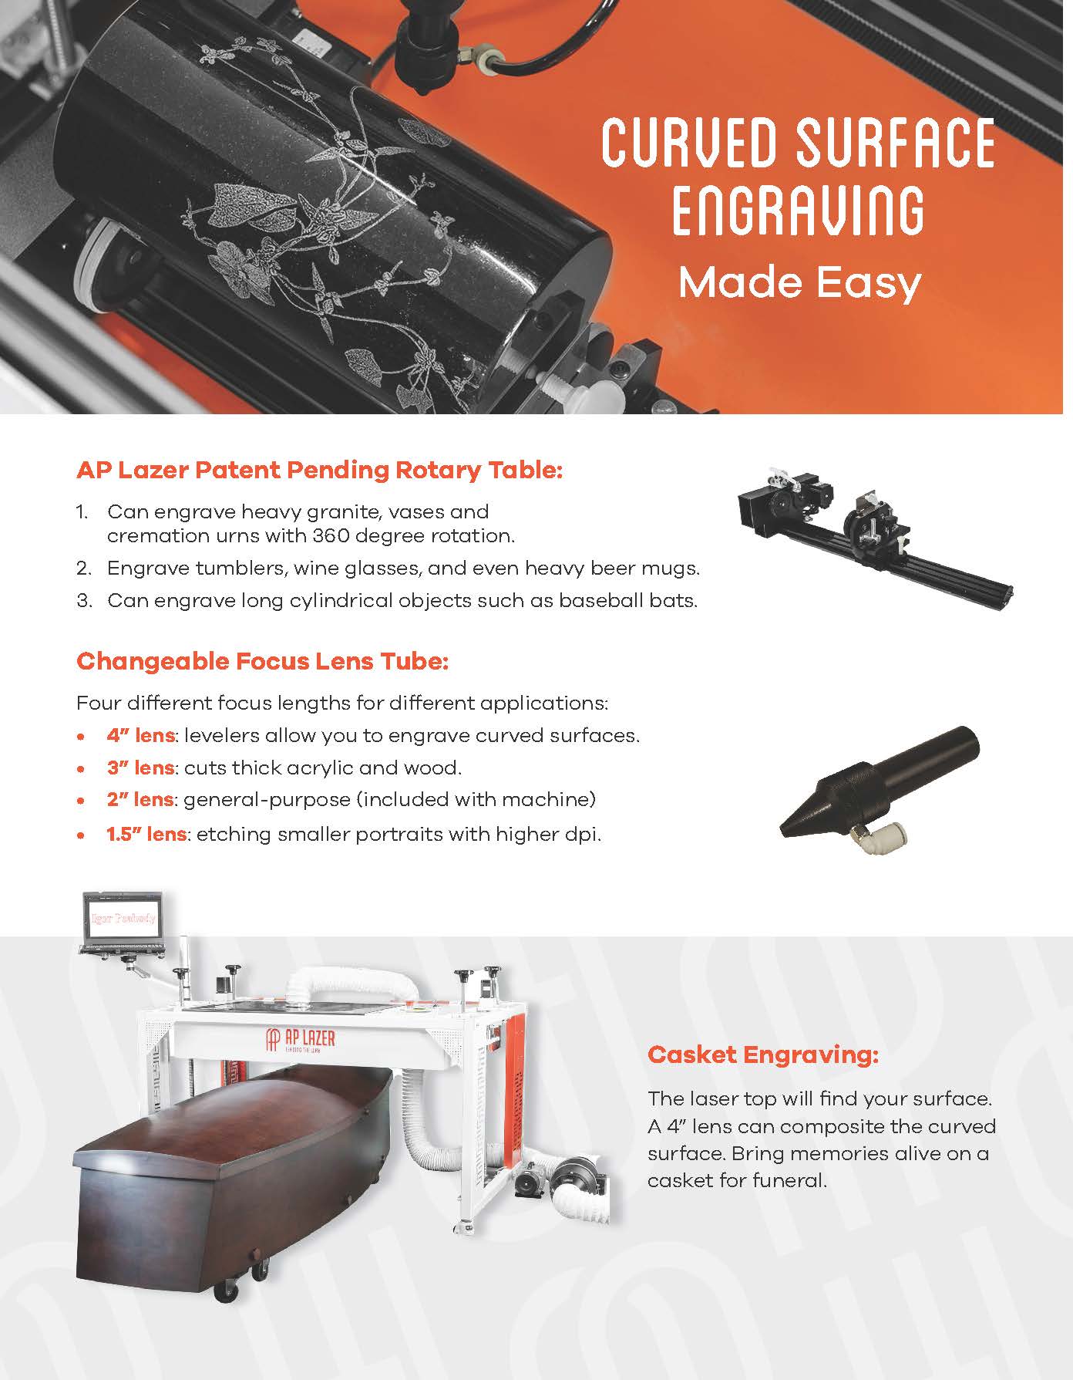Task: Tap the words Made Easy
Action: pos(799,282)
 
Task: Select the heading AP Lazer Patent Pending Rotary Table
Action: pos(319,470)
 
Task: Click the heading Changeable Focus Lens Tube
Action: pos(262,661)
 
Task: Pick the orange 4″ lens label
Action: pos(140,736)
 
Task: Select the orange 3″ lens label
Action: pos(140,768)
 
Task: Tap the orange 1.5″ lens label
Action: pos(146,834)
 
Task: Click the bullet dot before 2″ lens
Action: pos(81,801)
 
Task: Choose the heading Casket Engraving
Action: pos(762,1054)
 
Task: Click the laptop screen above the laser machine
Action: pos(122,918)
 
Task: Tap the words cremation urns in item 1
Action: pos(185,535)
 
